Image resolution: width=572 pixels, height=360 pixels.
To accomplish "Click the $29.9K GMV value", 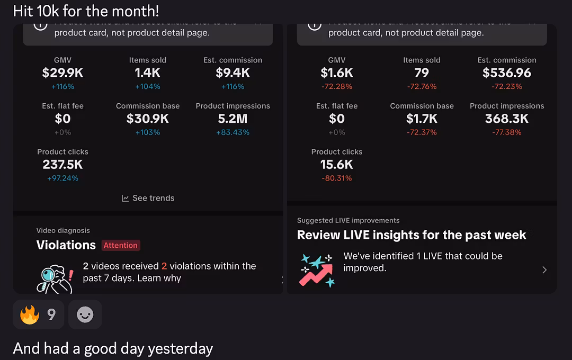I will click(62, 73).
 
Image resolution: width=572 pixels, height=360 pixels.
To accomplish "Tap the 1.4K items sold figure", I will click(147, 73).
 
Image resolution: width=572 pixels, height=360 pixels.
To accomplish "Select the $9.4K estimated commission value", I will click(233, 73).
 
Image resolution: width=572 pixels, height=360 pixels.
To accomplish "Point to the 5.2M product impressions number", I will click(233, 119).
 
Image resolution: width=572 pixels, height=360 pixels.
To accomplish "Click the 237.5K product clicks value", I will click(62, 165).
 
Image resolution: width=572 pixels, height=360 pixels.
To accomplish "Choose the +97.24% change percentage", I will click(62, 178).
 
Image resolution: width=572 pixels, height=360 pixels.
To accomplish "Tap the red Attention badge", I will click(120, 245).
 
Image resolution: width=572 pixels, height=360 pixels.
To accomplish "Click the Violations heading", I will click(66, 245).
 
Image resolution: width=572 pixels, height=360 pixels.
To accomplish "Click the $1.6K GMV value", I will click(337, 73).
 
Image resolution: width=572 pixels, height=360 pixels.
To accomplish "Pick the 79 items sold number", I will click(422, 73).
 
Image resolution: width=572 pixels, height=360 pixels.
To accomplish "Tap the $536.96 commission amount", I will click(507, 73).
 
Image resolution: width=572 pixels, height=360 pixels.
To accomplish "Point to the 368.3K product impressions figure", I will click(507, 119).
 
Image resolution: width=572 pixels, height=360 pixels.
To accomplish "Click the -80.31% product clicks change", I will click(337, 178).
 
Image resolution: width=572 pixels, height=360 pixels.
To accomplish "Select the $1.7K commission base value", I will click(422, 119).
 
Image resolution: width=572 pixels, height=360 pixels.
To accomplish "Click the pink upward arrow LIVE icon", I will click(317, 270).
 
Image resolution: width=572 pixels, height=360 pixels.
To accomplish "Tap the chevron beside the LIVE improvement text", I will click(544, 270).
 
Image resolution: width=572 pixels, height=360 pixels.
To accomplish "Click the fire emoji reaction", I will click(30, 315).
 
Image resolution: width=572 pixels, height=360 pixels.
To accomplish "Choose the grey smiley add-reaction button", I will click(85, 315).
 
